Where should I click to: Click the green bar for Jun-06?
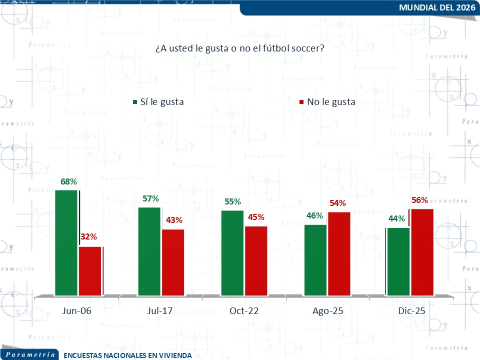tap(66, 242)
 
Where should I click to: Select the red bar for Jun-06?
tap(90, 270)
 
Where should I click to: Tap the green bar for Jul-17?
tap(149, 251)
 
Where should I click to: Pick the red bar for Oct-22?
tap(256, 260)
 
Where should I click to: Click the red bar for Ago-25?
tap(339, 253)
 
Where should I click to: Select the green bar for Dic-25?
tap(398, 261)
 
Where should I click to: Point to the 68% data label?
tap(68, 181)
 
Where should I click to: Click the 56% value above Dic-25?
tap(419, 200)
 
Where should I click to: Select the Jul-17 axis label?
tap(160, 311)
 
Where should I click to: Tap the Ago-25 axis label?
tap(327, 311)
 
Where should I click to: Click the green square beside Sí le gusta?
tap(134, 102)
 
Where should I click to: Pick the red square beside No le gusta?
tap(301, 102)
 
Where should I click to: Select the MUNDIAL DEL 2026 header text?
tap(437, 7)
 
